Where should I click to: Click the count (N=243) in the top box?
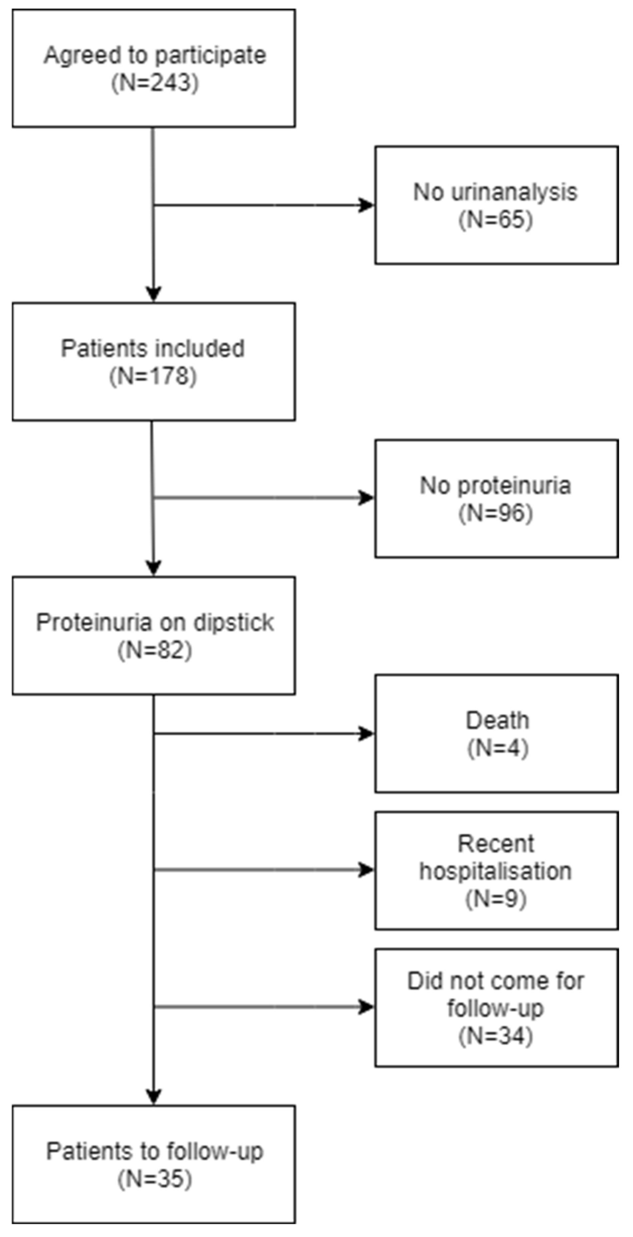(154, 83)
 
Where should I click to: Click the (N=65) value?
(496, 220)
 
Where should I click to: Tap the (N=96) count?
(496, 513)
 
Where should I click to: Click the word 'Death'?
(497, 720)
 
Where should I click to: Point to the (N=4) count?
(498, 748)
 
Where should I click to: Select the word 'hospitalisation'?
(495, 871)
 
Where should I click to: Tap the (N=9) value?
(496, 898)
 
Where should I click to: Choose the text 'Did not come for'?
(495, 981)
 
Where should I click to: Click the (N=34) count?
(496, 1036)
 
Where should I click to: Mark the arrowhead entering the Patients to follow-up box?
(153, 1096)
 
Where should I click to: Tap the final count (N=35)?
(154, 1179)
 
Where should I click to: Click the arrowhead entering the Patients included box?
(153, 293)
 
